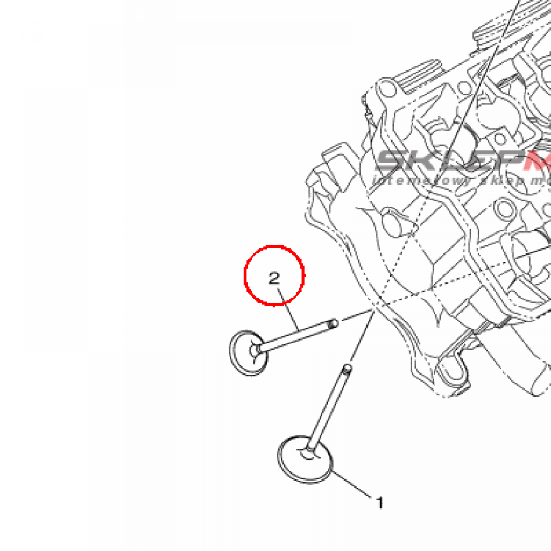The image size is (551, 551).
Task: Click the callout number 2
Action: point(274,278)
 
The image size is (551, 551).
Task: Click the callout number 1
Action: point(380,503)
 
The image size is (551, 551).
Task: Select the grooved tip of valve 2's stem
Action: point(334,323)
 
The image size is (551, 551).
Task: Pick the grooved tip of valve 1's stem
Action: point(348,369)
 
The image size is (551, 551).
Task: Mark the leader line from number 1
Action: point(353,484)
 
